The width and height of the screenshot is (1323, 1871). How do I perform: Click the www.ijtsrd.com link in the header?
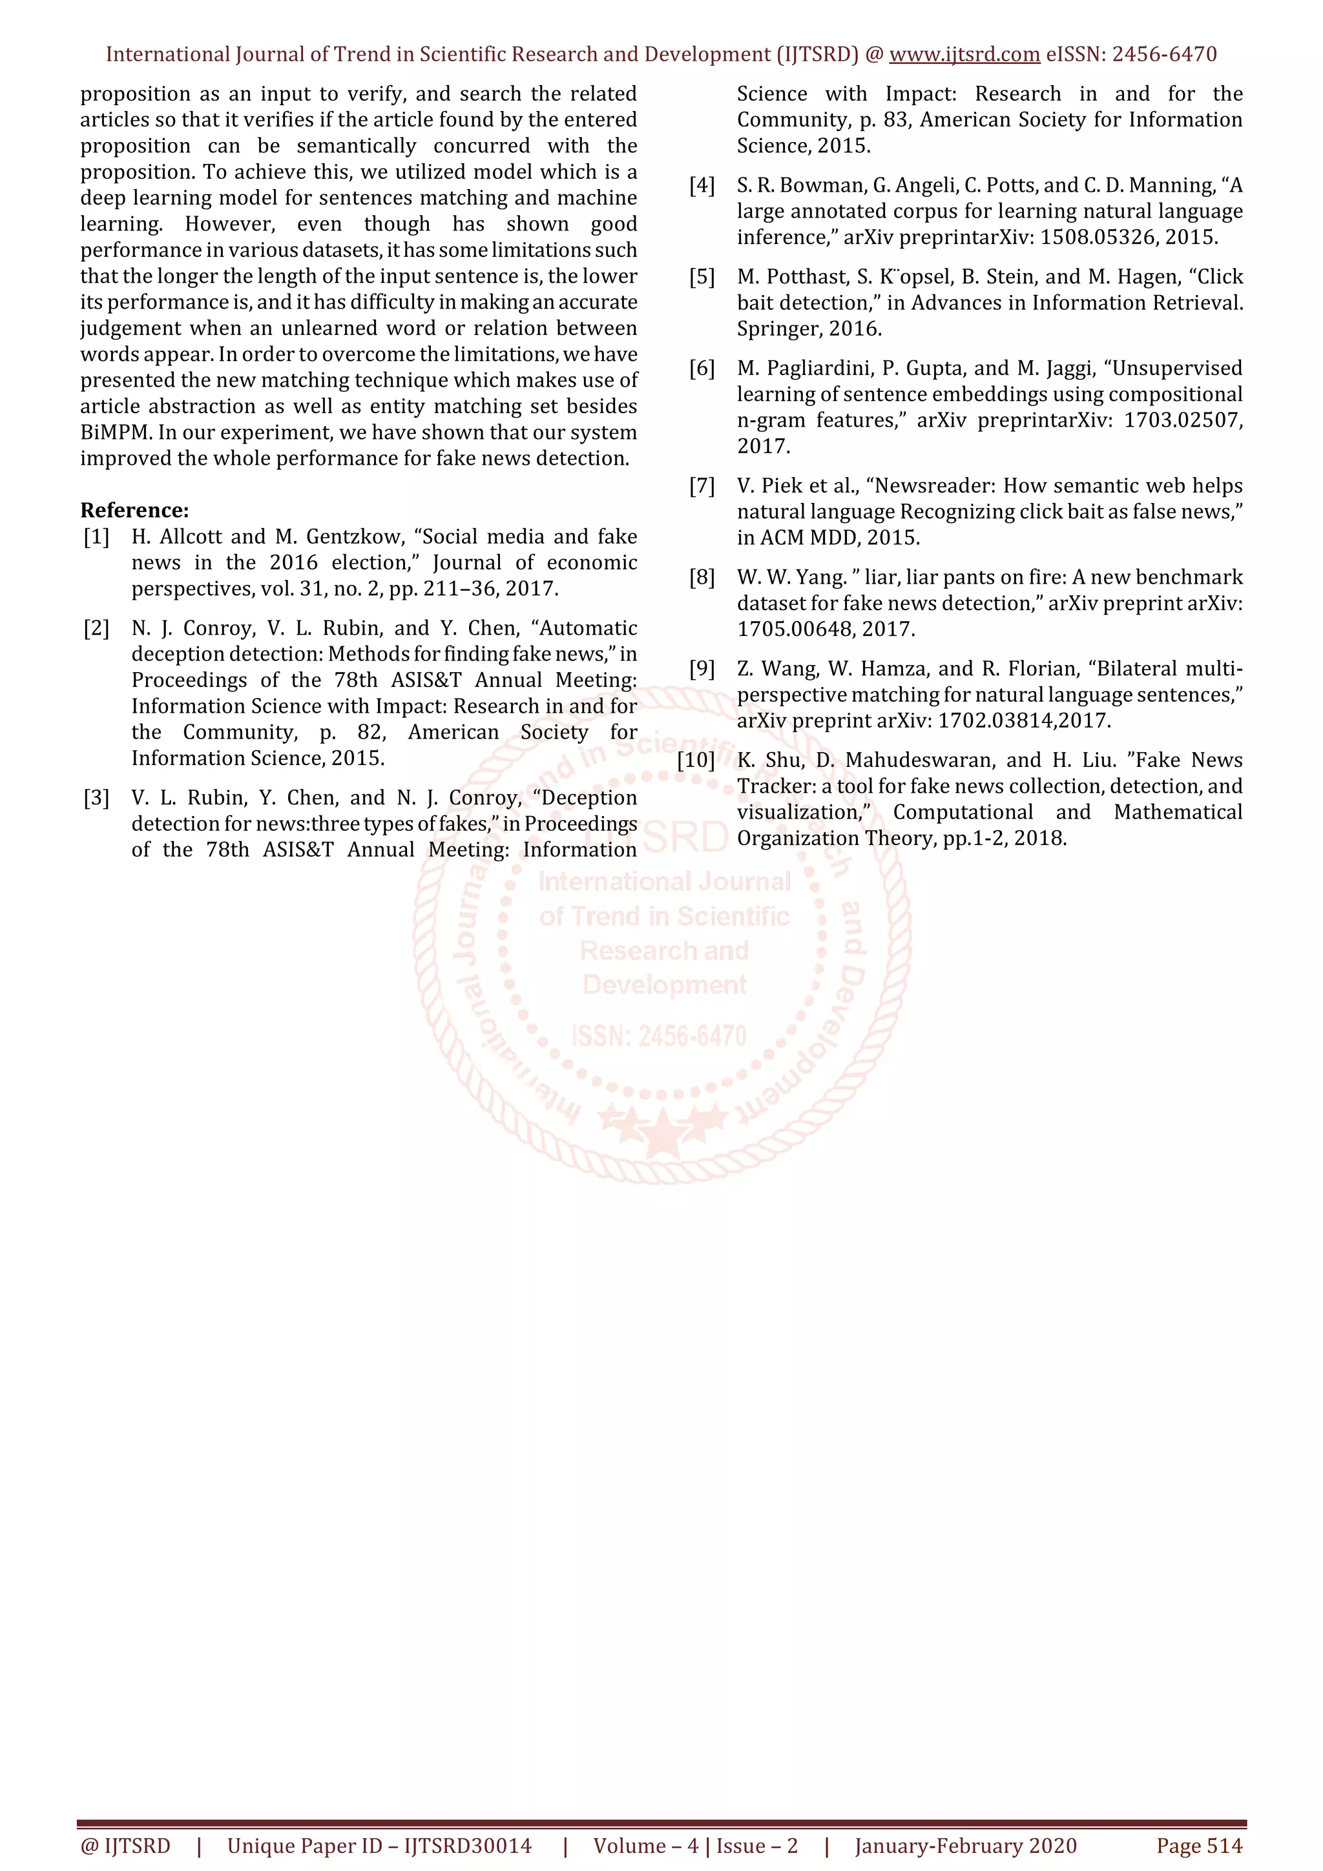[x=964, y=55]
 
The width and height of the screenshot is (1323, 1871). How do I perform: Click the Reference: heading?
[x=134, y=510]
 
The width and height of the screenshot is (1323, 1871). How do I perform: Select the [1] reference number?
[x=96, y=537]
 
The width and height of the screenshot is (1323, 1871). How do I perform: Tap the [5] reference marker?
[x=702, y=277]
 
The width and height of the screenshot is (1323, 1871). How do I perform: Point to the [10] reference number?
[x=696, y=761]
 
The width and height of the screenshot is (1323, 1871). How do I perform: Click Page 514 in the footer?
[x=1199, y=1846]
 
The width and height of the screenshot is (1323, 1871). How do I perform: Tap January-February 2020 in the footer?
[x=965, y=1846]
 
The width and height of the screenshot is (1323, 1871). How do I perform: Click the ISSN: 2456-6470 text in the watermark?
[x=659, y=1037]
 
